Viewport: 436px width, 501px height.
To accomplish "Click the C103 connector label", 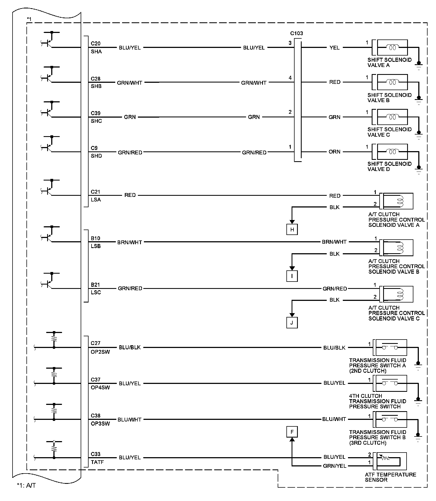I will tap(296, 33).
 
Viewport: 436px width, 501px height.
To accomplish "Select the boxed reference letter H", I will tap(292, 229).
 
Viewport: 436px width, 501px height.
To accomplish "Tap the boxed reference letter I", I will tap(292, 276).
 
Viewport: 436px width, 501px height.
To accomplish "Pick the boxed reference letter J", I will tap(292, 323).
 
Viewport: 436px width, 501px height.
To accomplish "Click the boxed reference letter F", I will tap(292, 432).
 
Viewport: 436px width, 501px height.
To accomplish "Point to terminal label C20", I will tap(96, 44).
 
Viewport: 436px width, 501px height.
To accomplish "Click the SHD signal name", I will tap(96, 156).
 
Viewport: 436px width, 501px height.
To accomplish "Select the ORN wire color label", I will tap(334, 152).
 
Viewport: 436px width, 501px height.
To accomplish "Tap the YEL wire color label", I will tap(334, 48).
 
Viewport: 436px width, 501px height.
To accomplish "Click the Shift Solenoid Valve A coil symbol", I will tap(392, 47).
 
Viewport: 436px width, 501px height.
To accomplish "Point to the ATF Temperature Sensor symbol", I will tap(391, 461).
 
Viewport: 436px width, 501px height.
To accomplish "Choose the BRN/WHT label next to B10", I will tap(129, 242).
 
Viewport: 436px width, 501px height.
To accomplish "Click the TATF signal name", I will tap(97, 462).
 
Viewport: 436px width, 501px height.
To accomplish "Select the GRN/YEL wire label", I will tap(334, 466).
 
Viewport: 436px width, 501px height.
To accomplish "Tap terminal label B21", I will tap(95, 285).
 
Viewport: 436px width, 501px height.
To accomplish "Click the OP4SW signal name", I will tap(100, 387).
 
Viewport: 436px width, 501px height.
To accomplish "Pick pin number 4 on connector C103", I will tap(290, 78).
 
